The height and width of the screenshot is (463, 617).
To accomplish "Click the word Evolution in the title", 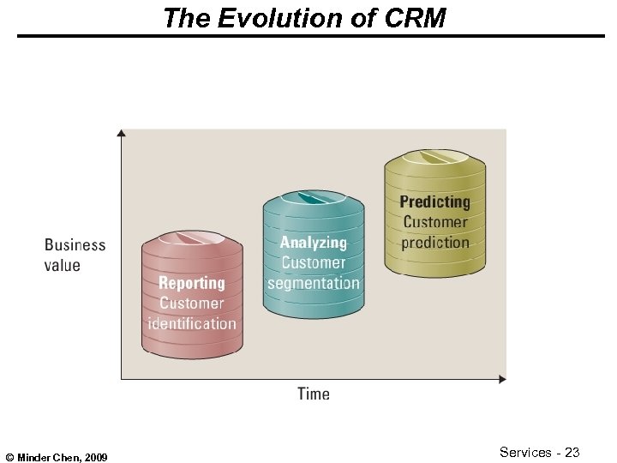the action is [x=266, y=18].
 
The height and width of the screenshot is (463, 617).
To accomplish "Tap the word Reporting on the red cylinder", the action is [x=192, y=283].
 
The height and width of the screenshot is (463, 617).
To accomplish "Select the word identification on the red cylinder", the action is [x=192, y=324].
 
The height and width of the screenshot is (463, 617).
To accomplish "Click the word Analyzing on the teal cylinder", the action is [x=314, y=243].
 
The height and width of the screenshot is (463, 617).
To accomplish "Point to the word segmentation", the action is [x=314, y=283].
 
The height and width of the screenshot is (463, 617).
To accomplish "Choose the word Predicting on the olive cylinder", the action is [x=435, y=202].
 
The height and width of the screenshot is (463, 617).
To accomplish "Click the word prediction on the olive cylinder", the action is [x=435, y=243].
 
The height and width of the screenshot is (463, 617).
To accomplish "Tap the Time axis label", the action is [x=314, y=394].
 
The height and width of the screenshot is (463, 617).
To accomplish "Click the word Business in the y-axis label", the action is [x=75, y=245].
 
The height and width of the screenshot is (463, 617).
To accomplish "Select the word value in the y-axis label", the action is [x=63, y=265].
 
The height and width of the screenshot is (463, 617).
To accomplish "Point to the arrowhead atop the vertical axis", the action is [x=122, y=133].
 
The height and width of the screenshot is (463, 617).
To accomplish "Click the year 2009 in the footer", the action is [x=95, y=458].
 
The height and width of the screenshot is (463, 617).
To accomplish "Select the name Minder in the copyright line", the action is [x=33, y=458].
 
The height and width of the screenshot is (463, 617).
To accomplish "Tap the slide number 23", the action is [x=572, y=451].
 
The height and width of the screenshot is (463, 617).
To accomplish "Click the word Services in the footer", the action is [x=526, y=451].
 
